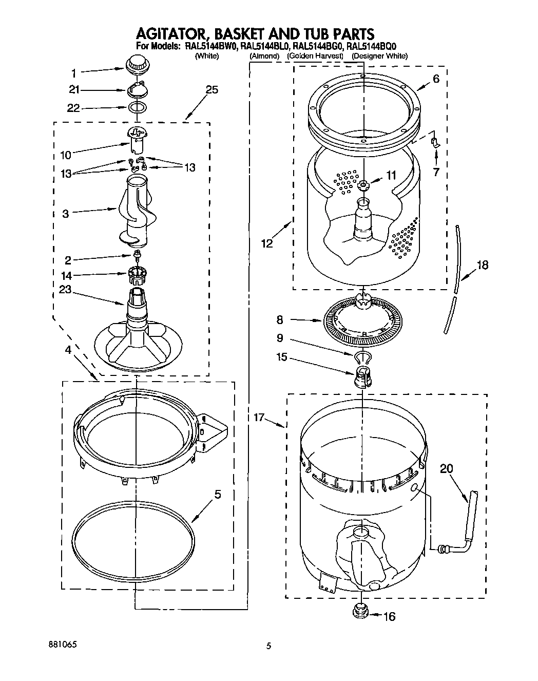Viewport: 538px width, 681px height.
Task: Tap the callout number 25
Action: click(x=212, y=90)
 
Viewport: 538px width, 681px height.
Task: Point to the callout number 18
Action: click(x=482, y=265)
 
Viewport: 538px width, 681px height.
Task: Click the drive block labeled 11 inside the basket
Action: click(x=363, y=185)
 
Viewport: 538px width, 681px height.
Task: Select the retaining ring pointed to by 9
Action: click(x=362, y=356)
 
